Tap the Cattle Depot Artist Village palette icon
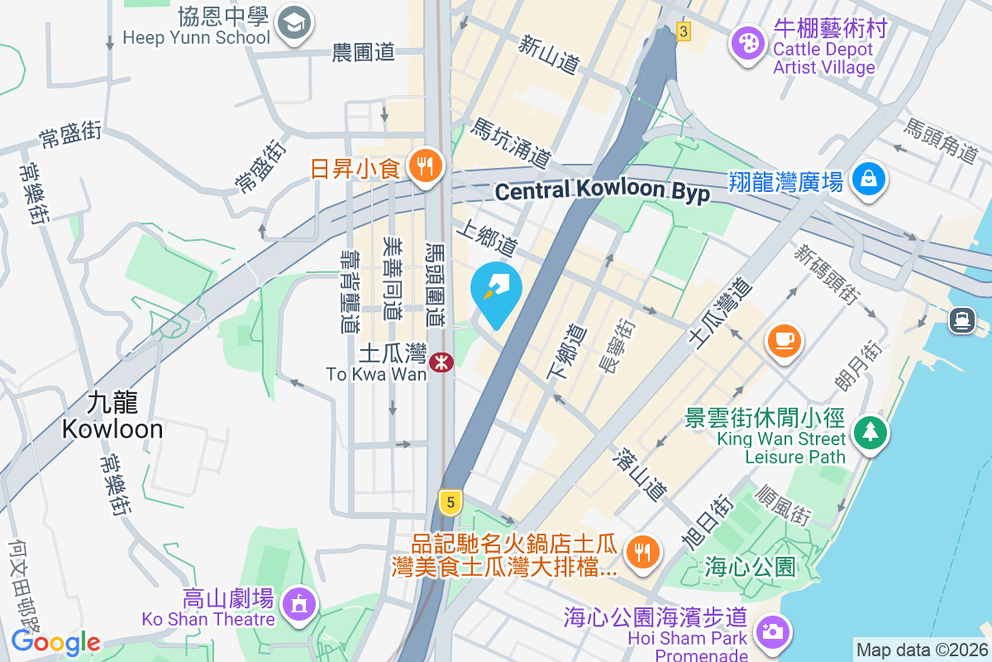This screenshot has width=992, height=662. [749, 43]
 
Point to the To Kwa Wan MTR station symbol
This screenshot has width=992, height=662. [441, 361]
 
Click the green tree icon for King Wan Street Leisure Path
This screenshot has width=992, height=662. [870, 432]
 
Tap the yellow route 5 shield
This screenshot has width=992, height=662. [450, 501]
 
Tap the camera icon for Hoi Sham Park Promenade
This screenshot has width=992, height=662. [772, 632]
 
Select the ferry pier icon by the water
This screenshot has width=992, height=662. [961, 319]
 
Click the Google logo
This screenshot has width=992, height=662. [55, 642]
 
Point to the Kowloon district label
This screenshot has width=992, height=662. [112, 416]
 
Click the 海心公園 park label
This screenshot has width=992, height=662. [750, 567]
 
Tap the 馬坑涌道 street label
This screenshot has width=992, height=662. [510, 142]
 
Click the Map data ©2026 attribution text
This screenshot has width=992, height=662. [922, 650]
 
